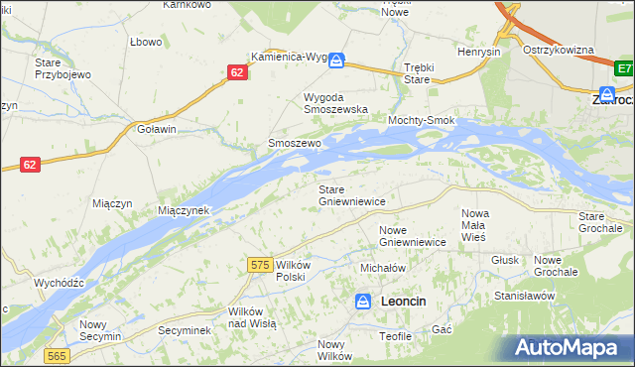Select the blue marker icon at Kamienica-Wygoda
pos(337,61)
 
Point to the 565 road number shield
pos(57,354)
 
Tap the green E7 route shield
pos(623,68)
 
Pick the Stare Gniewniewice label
pos(351,194)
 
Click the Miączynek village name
pos(184,210)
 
